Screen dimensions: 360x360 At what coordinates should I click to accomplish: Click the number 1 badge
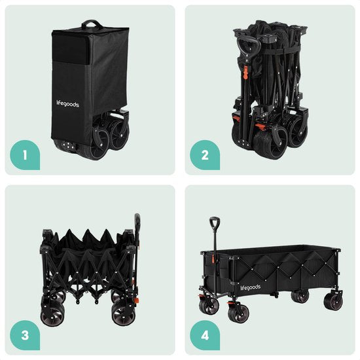point(24,156)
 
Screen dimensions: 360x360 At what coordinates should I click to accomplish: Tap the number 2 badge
point(204,156)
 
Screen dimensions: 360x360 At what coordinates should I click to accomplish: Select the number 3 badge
point(24,336)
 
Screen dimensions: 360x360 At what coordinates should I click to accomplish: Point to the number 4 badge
point(204,336)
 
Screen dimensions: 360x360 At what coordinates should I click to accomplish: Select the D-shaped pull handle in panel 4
point(215,223)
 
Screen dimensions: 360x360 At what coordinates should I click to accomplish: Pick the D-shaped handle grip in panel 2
point(247,47)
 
